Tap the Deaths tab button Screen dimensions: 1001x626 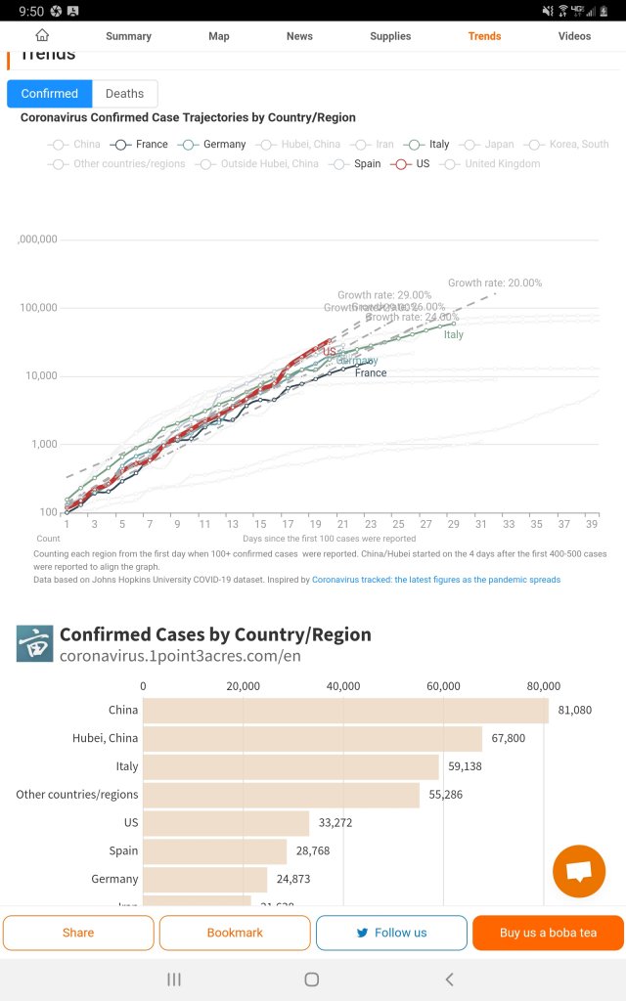[x=124, y=94]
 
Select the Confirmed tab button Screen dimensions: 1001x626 [x=50, y=94]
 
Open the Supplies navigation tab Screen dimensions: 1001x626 [x=390, y=36]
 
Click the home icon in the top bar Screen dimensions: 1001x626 [x=42, y=35]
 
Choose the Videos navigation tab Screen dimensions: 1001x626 [x=574, y=36]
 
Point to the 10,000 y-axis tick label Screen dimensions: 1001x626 [x=38, y=376]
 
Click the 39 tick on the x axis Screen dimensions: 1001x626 [x=591, y=524]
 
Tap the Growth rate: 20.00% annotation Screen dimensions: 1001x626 [x=495, y=283]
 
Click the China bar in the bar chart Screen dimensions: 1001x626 [x=345, y=711]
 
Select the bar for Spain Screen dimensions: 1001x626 [x=215, y=851]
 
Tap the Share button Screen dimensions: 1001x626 [x=78, y=933]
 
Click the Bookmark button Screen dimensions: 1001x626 [x=235, y=933]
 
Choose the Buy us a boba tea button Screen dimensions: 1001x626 [x=548, y=933]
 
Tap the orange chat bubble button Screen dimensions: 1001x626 [x=579, y=871]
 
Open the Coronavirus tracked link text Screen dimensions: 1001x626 [x=436, y=580]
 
